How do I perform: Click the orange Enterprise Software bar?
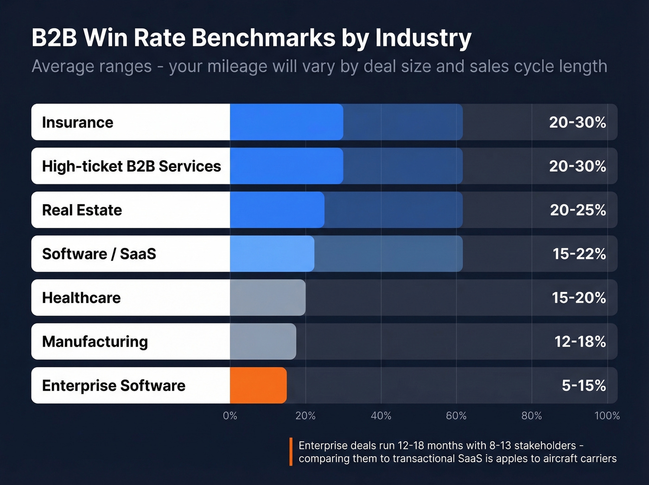258,385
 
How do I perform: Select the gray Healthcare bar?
267,297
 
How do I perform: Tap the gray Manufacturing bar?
263,342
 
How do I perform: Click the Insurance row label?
77,123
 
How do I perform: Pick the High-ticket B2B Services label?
131,166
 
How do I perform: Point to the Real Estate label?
82,210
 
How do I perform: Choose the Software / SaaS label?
99,254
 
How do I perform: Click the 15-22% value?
579,254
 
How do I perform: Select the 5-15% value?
584,385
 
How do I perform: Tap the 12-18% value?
580,342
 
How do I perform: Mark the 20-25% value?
578,210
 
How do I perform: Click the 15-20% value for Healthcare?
579,297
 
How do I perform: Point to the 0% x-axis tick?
230,416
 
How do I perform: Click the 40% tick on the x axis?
381,416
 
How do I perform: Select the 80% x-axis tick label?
531,416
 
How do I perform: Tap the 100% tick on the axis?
607,416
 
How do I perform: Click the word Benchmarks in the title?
263,38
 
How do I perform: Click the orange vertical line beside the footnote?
291,452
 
